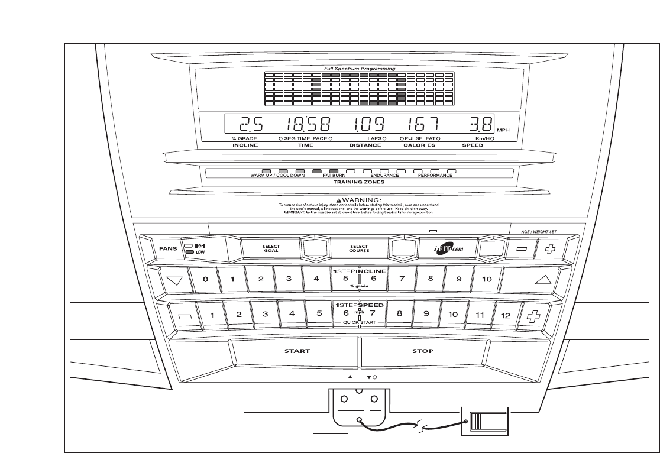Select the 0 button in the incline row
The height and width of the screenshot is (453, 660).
point(205,279)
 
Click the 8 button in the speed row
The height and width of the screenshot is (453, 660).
point(400,315)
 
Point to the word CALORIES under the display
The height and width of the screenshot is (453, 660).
point(419,145)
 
